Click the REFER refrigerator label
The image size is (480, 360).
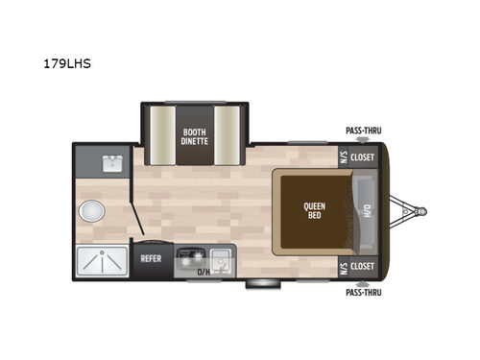tap(151, 258)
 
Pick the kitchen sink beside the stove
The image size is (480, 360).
tap(220, 257)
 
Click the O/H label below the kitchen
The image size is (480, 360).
tap(204, 273)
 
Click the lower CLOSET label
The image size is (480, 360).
tap(362, 267)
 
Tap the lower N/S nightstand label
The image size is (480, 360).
tap(341, 267)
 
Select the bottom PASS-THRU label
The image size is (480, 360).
tap(362, 293)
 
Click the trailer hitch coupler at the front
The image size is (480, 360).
tap(420, 211)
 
